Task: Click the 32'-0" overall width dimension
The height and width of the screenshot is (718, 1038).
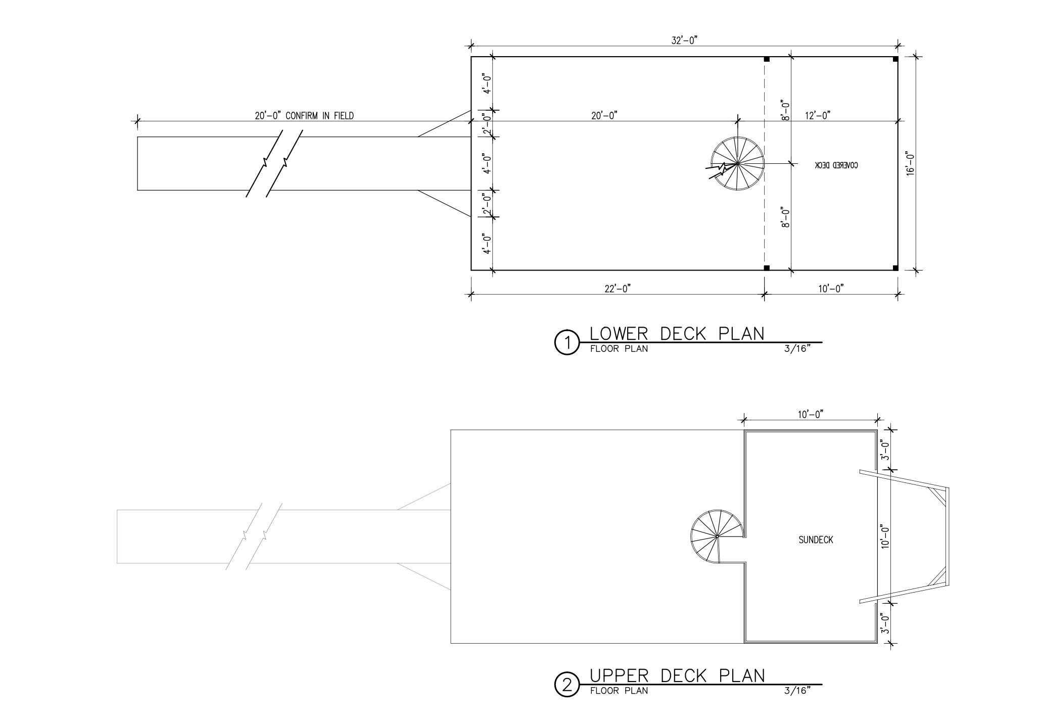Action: (x=684, y=41)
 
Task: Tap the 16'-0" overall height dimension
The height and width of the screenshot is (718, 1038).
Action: (x=910, y=163)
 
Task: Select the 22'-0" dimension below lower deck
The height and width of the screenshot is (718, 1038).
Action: (x=618, y=289)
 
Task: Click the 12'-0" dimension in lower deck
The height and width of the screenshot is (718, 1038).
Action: (x=818, y=116)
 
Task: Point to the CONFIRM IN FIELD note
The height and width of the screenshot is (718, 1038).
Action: (x=320, y=116)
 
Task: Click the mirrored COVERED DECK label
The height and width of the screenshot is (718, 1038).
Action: (x=836, y=165)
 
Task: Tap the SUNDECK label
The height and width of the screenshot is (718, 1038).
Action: (x=816, y=540)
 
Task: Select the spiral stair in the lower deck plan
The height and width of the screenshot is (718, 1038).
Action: (x=738, y=164)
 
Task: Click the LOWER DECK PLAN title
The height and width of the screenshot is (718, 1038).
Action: (x=677, y=334)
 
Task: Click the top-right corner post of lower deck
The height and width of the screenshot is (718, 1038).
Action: (x=895, y=60)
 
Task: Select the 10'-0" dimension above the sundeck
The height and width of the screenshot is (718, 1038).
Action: (x=811, y=415)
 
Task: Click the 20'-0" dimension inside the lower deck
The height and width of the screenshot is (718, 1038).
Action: (x=604, y=116)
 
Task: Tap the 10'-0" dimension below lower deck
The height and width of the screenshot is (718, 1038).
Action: (x=831, y=289)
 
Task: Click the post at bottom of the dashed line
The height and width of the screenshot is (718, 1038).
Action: (x=766, y=267)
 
